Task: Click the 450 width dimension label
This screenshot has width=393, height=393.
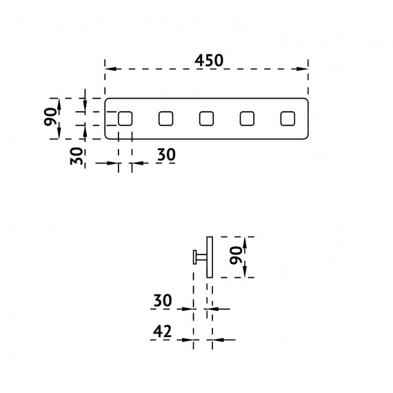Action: tap(209, 61)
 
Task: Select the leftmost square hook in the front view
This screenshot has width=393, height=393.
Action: tap(125, 119)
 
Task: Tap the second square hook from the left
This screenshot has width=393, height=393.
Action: tap(165, 119)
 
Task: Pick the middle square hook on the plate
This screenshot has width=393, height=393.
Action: tap(206, 119)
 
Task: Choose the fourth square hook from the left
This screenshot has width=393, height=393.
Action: tap(247, 119)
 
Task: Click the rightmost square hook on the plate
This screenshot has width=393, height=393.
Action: tap(288, 119)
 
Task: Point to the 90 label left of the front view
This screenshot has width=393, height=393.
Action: tap(50, 117)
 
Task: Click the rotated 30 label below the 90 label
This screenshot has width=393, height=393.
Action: tap(77, 156)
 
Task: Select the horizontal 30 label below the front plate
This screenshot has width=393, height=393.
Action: tap(166, 154)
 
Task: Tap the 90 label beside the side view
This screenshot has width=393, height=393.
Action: tap(236, 255)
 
